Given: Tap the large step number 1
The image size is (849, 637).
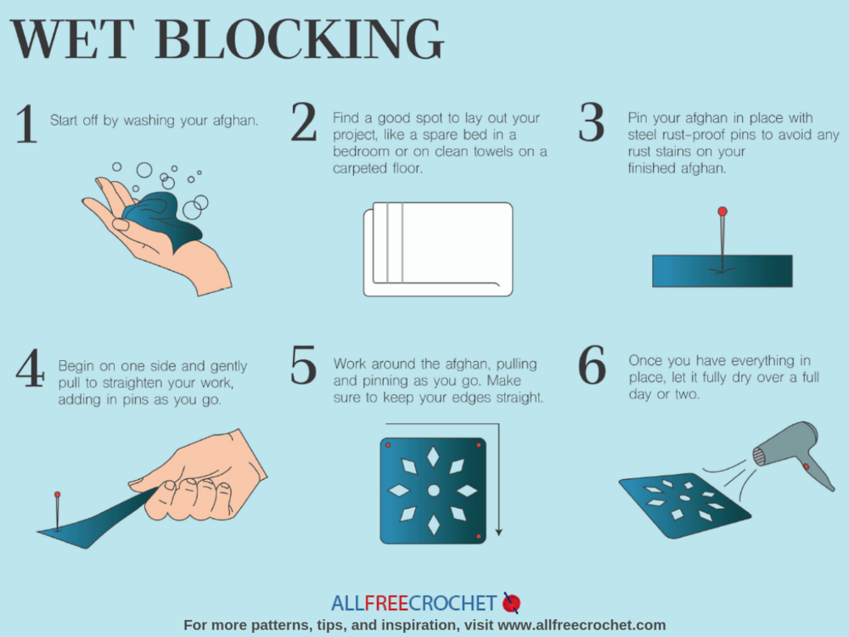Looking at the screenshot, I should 26,125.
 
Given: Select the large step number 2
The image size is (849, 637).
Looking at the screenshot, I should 304,123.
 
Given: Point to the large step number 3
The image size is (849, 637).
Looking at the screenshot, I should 592,123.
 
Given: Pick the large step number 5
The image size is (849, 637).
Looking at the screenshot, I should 304,367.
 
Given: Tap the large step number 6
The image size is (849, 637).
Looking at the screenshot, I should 592,367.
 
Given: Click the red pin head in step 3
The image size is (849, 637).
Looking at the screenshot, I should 722,211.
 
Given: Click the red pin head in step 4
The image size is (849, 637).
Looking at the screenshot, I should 58,494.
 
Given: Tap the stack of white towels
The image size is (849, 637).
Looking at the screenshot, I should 438,249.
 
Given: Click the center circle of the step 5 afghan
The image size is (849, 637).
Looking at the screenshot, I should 433,490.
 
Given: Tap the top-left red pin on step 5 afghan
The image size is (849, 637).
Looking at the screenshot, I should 388,445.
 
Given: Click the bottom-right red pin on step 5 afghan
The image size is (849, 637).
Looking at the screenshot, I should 479,537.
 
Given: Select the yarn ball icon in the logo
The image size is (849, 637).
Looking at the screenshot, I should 511,603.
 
